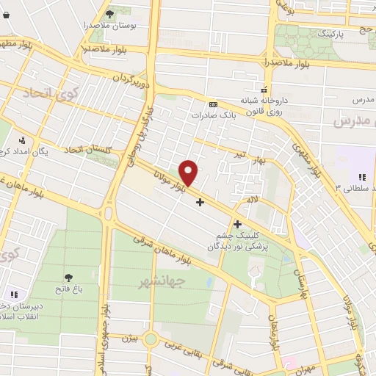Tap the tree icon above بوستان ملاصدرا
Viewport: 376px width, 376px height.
click(x=109, y=13)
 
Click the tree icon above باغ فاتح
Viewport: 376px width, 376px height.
click(x=68, y=278)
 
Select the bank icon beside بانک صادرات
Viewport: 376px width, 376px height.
click(x=213, y=105)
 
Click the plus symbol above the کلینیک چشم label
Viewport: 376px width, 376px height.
click(x=237, y=223)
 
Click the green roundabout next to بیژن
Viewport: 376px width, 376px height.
click(x=151, y=339)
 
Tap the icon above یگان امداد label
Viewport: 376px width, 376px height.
click(x=23, y=140)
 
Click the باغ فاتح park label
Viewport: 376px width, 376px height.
click(x=68, y=289)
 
